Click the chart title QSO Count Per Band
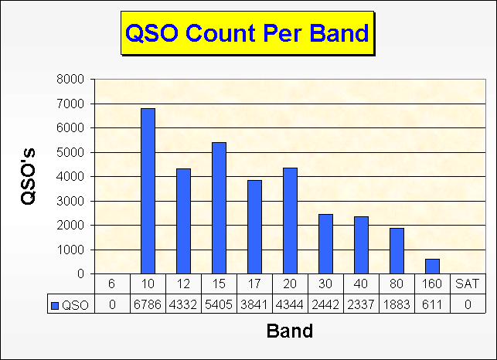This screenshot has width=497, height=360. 247,32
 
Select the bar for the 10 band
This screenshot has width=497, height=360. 148,191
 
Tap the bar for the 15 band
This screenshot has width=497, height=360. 219,208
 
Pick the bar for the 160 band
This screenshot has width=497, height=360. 432,267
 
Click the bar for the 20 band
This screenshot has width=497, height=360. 290,221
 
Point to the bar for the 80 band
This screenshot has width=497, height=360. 397,251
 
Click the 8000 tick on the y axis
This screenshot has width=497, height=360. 70,80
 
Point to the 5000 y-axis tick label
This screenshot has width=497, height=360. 70,152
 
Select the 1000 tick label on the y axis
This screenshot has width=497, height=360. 70,250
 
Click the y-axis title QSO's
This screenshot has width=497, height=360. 28,176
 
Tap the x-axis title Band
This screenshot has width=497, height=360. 290,331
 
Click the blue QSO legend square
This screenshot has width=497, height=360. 55,305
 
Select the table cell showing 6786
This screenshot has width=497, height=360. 148,304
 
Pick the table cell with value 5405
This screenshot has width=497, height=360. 219,304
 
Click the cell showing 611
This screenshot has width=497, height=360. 432,304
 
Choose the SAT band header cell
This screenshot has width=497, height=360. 468,284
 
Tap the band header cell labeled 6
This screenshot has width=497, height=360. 112,284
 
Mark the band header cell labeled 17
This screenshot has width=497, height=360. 254,284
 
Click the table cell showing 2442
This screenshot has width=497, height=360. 325,304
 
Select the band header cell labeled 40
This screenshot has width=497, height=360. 361,284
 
